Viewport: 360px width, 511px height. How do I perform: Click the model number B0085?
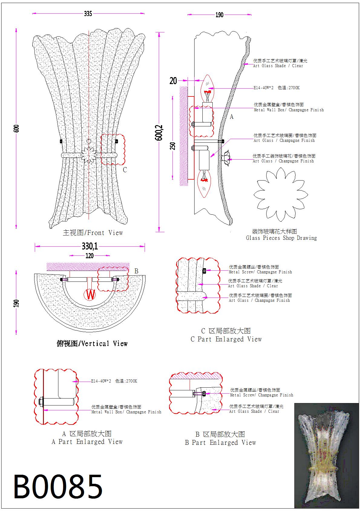pyautogui.click(x=58, y=487)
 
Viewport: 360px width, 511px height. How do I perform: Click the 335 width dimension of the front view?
pyautogui.click(x=88, y=14)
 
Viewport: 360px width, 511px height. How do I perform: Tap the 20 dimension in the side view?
pyautogui.click(x=173, y=81)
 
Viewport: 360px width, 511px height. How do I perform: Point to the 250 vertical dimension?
pyautogui.click(x=172, y=146)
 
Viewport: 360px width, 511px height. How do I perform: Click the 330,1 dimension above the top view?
pyautogui.click(x=90, y=246)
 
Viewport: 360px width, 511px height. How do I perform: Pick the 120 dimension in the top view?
pyautogui.click(x=90, y=256)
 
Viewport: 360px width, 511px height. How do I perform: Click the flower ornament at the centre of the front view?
pyautogui.click(x=89, y=155)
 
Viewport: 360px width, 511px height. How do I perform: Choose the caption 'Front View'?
pyautogui.click(x=93, y=233)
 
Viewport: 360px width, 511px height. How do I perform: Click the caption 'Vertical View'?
pyautogui.click(x=92, y=343)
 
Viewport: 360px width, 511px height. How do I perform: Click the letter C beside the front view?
pyautogui.click(x=125, y=170)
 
